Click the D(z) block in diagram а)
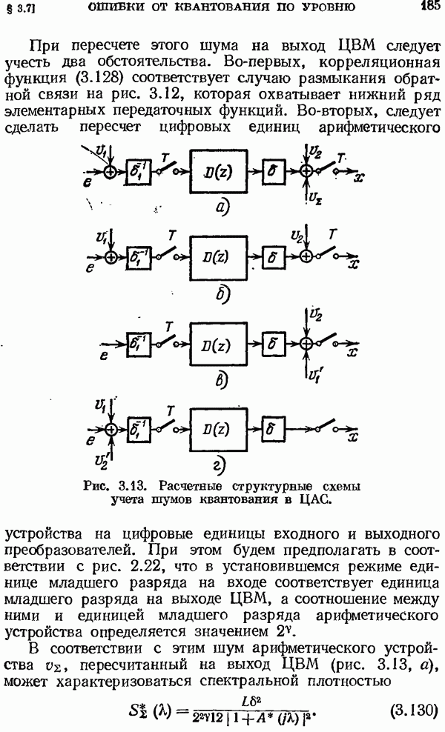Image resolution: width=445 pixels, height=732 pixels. coord(218,171)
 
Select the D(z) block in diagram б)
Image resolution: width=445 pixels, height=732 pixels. coord(218,257)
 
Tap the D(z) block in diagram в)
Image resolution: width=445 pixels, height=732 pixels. coord(218,344)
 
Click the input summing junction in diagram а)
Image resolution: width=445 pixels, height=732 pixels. coord(111,172)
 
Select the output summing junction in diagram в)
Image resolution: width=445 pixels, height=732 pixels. coord(306,344)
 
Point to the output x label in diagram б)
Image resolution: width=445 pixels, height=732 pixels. coord(355,264)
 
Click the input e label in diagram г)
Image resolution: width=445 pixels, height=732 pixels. coord(90,439)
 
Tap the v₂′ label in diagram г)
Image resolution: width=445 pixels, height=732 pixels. coord(102,460)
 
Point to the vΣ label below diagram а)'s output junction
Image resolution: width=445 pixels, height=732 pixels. coord(315,198)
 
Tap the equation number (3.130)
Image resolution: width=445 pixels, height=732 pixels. coord(413,710)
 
